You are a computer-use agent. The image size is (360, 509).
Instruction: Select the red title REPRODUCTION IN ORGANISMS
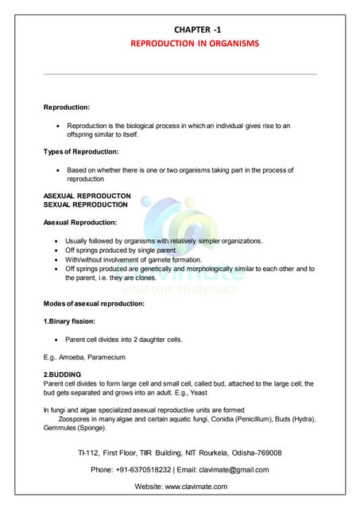point(195,43)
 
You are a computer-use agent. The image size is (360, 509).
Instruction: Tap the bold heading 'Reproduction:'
point(66,107)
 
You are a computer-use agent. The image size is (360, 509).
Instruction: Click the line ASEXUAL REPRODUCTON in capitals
point(87,196)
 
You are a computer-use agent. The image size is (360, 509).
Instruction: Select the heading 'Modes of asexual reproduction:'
point(94,304)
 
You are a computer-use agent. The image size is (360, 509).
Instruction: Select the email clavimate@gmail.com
point(236,470)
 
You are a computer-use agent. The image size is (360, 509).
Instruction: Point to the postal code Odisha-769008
point(252,453)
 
